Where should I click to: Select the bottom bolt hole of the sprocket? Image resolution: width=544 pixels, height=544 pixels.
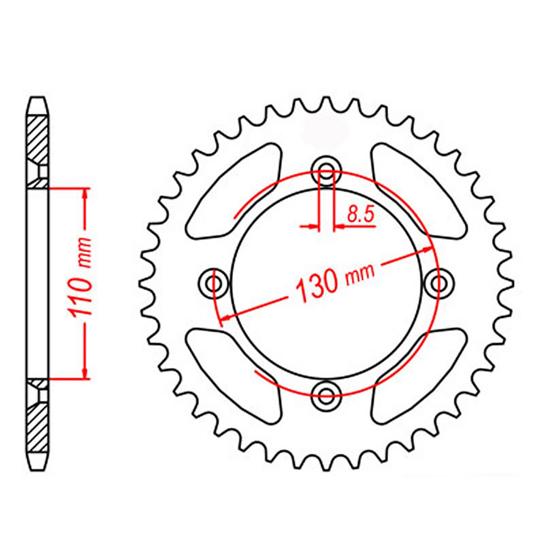[326, 393]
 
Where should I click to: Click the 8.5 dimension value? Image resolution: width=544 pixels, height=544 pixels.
[360, 215]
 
